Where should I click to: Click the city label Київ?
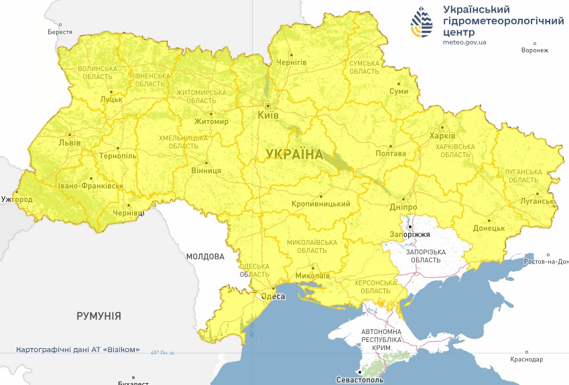click(269, 115)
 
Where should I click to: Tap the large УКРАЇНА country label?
click(294, 154)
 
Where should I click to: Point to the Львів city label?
click(70, 143)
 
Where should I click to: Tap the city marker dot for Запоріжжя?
click(409, 227)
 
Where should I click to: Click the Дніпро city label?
click(402, 207)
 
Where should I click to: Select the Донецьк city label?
click(489, 228)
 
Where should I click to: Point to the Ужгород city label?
click(17, 199)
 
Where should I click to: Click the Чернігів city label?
click(292, 62)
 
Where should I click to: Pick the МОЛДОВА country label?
click(204, 256)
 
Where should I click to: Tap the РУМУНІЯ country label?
click(99, 315)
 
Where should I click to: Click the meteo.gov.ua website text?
click(464, 42)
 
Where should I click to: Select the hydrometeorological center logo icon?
click(422, 24)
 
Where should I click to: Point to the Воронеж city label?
click(534, 50)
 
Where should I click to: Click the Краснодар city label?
click(526, 359)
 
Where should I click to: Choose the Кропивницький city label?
click(322, 203)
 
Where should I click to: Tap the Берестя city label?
click(60, 32)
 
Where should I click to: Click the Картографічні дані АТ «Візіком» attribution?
click(78, 349)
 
